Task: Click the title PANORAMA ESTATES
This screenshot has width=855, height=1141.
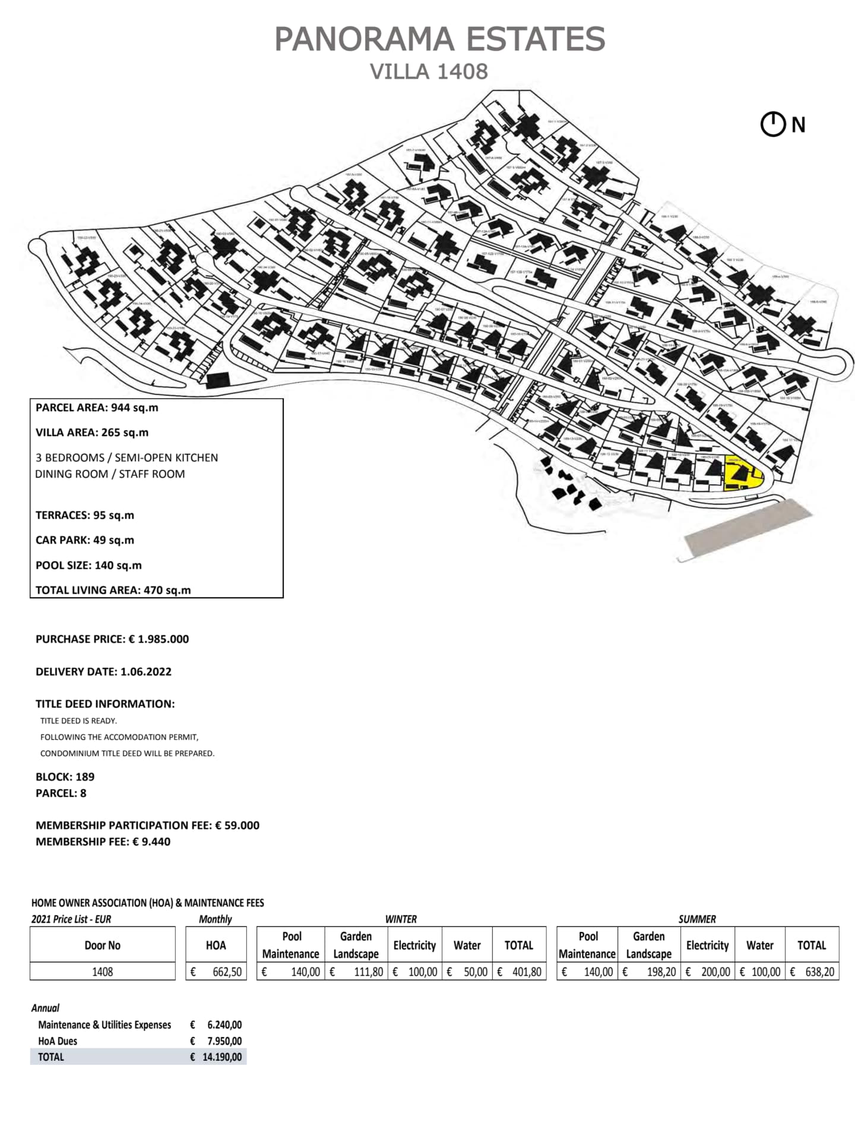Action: [x=439, y=39]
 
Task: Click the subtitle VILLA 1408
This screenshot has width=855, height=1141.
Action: [x=429, y=71]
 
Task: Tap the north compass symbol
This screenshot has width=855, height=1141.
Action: [x=772, y=125]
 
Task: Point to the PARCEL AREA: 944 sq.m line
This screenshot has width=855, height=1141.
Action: [x=97, y=408]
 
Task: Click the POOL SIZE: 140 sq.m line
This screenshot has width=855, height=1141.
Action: [x=88, y=565]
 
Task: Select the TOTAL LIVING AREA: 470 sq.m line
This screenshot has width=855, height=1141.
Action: [x=113, y=590]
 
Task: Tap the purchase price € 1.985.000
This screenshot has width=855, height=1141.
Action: [x=159, y=639]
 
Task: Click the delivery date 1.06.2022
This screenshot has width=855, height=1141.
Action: [x=145, y=672]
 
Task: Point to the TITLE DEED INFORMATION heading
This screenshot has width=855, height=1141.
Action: [x=105, y=704]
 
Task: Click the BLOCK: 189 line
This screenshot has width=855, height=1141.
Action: [x=65, y=777]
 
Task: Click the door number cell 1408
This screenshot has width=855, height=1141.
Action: [x=102, y=972]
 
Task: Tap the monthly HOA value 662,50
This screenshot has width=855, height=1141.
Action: [x=227, y=972]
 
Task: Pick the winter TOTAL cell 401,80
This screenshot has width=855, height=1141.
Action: [x=526, y=972]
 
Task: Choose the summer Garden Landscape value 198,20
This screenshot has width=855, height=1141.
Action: [x=660, y=972]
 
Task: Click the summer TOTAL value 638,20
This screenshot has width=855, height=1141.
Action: [x=819, y=972]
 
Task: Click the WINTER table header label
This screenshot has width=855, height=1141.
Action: [x=401, y=919]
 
